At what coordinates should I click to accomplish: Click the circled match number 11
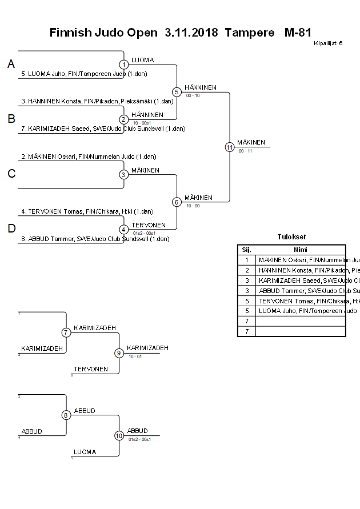pyautogui.click(x=230, y=147)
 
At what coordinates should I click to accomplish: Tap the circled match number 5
pyautogui.click(x=177, y=91)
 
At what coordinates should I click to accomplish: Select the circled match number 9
pyautogui.click(x=119, y=353)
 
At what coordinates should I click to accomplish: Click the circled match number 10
pyautogui.click(x=119, y=435)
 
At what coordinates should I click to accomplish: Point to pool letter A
pyautogui.click(x=11, y=65)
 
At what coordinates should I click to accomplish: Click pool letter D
pyautogui.click(x=11, y=229)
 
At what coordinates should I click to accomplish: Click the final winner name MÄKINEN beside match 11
pyautogui.click(x=251, y=143)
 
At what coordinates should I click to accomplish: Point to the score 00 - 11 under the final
pyautogui.click(x=246, y=151)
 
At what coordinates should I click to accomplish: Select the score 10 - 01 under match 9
pyautogui.click(x=135, y=356)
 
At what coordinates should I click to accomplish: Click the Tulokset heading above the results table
pyautogui.click(x=291, y=237)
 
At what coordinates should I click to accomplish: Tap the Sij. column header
pyautogui.click(x=246, y=250)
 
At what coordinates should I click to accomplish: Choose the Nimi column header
pyautogui.click(x=300, y=250)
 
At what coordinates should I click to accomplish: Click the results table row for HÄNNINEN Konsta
pyautogui.click(x=301, y=270)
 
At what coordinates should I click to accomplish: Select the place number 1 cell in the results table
pyautogui.click(x=246, y=259)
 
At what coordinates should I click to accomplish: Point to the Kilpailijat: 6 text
pyautogui.click(x=328, y=43)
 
